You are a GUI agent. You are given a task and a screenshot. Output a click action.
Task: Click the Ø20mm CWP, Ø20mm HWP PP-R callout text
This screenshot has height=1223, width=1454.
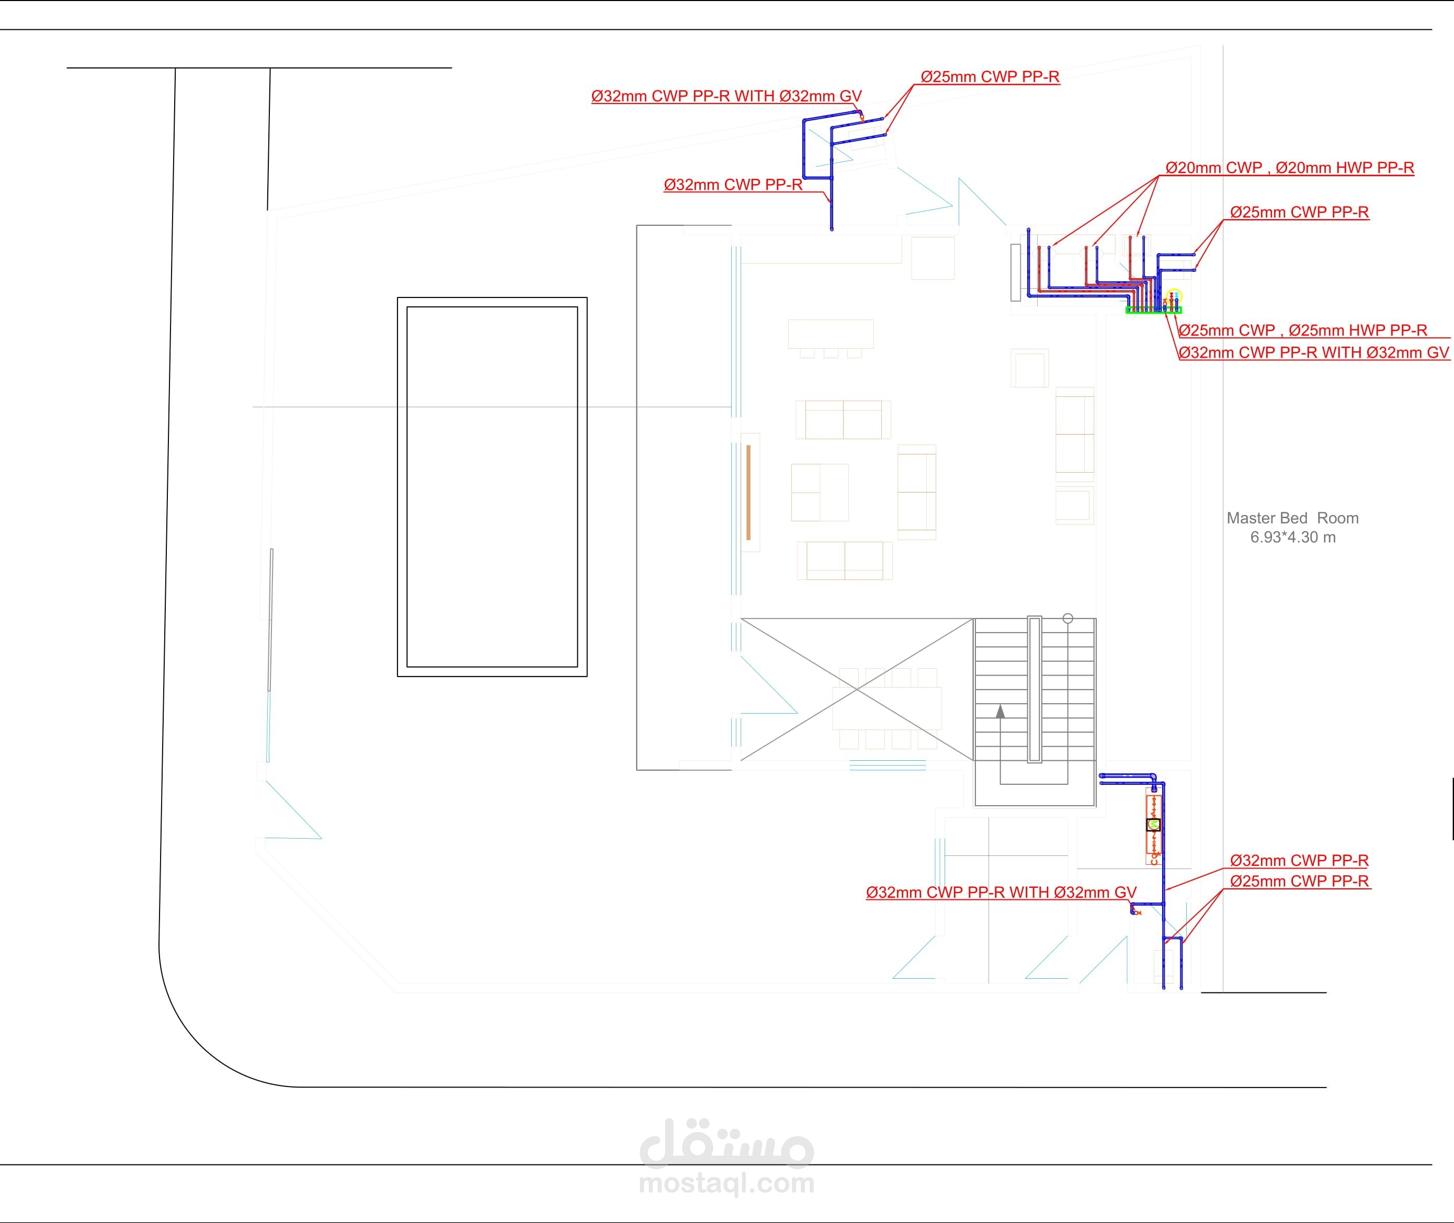[x=1290, y=168]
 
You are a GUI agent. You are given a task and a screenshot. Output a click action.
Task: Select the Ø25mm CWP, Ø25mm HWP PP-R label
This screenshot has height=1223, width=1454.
[x=1303, y=330]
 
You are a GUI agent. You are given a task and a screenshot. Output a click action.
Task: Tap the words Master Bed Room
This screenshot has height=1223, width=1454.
[x=1292, y=518]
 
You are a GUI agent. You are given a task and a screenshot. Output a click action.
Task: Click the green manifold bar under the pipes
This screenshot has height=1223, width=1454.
[x=1153, y=311]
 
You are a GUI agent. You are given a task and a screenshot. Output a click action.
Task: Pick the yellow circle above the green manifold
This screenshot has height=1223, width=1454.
[x=1174, y=296]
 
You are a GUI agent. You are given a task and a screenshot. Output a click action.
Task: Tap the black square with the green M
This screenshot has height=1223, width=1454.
[x=1153, y=825]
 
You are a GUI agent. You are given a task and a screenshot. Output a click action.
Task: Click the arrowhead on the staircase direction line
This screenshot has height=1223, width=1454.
[x=1000, y=711]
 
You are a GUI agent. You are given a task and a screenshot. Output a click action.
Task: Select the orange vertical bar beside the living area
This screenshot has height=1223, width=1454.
[x=749, y=492]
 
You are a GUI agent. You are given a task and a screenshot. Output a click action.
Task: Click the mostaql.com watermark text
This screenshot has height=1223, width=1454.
[x=726, y=1183]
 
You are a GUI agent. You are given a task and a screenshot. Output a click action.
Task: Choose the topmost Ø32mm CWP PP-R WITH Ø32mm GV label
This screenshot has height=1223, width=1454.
[x=726, y=96]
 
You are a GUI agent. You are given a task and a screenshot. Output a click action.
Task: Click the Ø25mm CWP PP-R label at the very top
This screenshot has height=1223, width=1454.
[x=990, y=77]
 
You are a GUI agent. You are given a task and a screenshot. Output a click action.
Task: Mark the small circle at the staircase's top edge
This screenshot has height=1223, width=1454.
[x=1068, y=619]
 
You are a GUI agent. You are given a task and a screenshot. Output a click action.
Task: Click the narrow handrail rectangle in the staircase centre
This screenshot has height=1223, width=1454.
[x=1035, y=689]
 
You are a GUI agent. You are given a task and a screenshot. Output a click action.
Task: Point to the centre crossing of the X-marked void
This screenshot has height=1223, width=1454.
[x=858, y=689]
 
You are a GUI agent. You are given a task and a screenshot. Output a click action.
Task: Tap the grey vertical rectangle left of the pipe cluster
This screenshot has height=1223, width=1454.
[x=1016, y=272]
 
